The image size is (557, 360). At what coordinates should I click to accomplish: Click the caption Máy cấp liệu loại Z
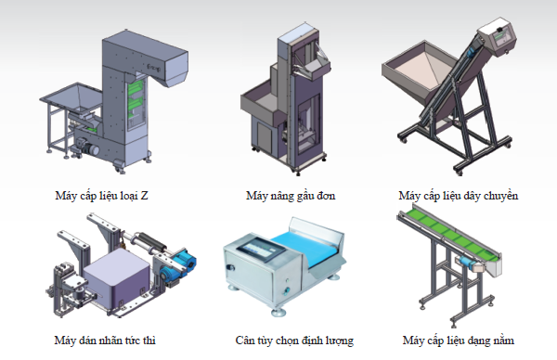(x=101, y=196)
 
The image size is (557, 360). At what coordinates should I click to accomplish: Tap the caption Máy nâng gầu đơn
(x=291, y=196)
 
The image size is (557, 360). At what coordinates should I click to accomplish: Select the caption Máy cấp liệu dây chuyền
(x=459, y=196)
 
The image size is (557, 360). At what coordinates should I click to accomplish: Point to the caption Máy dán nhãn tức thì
(x=105, y=341)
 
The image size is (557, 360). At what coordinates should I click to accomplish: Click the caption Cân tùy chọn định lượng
(x=294, y=341)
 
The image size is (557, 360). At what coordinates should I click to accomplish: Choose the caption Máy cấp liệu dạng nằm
(x=459, y=341)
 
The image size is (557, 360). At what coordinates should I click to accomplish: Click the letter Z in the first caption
(x=144, y=196)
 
